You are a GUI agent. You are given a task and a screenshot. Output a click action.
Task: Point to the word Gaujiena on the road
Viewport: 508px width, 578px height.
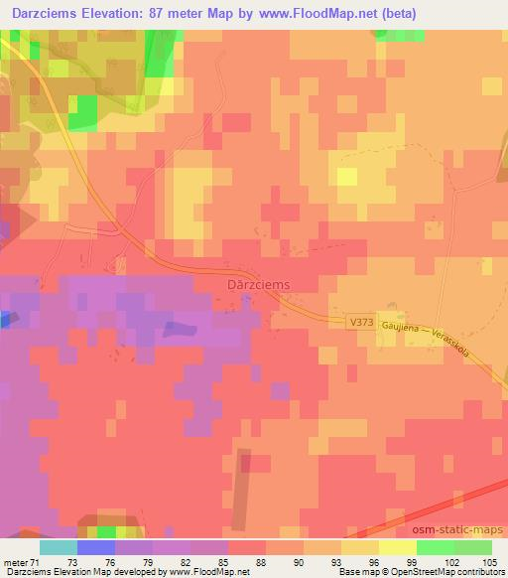click(x=404, y=328)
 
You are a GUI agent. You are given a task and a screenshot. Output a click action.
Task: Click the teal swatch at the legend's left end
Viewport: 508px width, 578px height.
click(x=58, y=546)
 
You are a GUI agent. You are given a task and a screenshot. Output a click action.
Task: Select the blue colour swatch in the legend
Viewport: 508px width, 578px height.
click(x=95, y=546)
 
